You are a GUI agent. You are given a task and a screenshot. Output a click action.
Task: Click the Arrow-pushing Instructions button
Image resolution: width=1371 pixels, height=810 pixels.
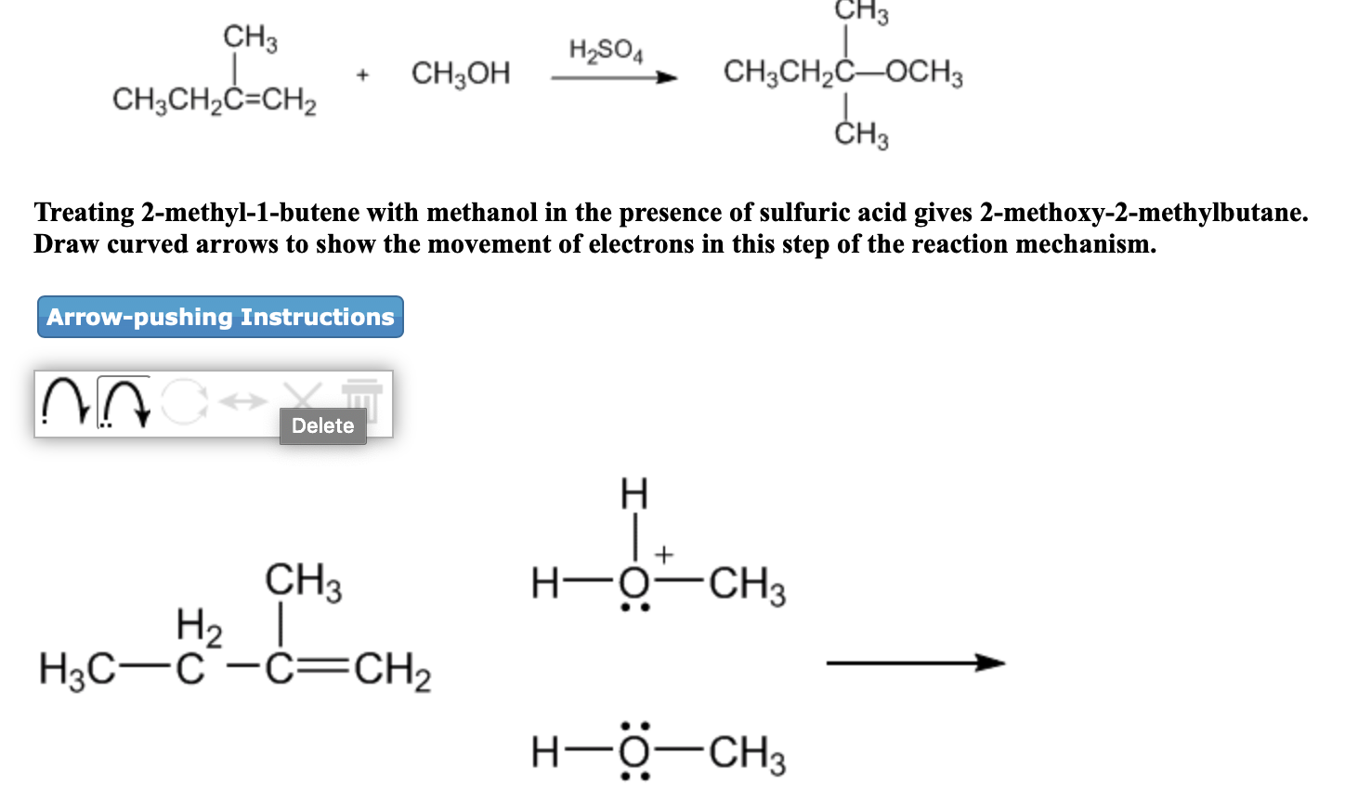[x=220, y=317]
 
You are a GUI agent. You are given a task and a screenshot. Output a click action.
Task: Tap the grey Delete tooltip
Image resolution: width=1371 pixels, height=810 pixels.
[x=322, y=425]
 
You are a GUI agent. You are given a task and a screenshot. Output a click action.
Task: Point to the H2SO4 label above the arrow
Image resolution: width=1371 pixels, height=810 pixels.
[x=606, y=49]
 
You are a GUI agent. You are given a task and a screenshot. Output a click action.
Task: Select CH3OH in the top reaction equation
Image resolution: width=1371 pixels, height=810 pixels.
[x=461, y=72]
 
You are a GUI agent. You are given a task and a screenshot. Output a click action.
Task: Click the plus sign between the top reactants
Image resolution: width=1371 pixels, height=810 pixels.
[x=362, y=74]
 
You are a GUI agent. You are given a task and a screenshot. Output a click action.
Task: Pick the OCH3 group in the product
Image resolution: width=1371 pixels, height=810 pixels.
[x=925, y=72]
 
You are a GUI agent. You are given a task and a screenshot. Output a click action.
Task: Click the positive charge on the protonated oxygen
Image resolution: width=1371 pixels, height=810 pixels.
[x=663, y=555]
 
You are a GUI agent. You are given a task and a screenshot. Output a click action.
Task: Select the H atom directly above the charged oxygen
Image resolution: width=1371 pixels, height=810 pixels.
[x=633, y=493]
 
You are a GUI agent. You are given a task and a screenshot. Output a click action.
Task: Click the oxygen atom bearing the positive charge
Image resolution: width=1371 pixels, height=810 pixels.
[x=634, y=584]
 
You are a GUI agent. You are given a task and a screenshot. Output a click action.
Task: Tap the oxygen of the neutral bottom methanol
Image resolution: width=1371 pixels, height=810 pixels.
[x=634, y=751]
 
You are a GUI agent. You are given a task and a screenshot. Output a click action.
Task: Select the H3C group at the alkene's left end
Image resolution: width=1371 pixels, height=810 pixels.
[x=76, y=669]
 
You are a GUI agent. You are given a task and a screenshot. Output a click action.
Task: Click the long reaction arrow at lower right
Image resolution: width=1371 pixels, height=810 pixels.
[x=915, y=662]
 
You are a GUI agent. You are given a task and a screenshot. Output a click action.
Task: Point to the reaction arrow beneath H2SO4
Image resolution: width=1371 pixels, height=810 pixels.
[x=613, y=78]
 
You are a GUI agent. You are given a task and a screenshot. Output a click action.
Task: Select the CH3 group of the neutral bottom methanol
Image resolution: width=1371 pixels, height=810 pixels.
[x=748, y=753]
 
